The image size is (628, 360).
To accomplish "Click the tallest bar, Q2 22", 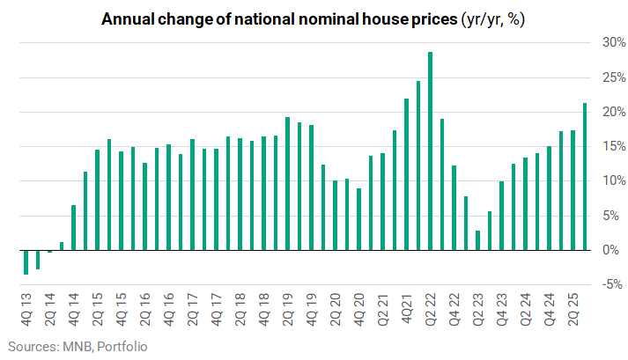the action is [430, 151].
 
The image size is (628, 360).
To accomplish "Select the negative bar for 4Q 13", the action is [26, 262].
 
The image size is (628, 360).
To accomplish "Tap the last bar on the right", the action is [585, 177].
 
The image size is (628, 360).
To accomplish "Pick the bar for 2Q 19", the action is [287, 184].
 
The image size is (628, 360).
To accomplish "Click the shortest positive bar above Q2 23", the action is [477, 240].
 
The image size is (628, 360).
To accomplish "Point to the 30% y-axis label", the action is [614, 42].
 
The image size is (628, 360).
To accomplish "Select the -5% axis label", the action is [612, 284].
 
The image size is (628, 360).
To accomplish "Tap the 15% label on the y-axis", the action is [614, 147].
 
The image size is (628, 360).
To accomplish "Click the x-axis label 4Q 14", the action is [74, 310].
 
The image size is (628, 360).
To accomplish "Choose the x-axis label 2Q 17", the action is [193, 310].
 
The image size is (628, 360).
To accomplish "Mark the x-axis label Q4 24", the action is [550, 310].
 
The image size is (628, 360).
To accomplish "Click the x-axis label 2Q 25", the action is [573, 310].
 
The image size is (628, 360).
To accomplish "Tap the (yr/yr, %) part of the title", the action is [493, 19].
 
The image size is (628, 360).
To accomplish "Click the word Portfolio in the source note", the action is [122, 347].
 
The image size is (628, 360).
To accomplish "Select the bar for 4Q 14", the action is [74, 228].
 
